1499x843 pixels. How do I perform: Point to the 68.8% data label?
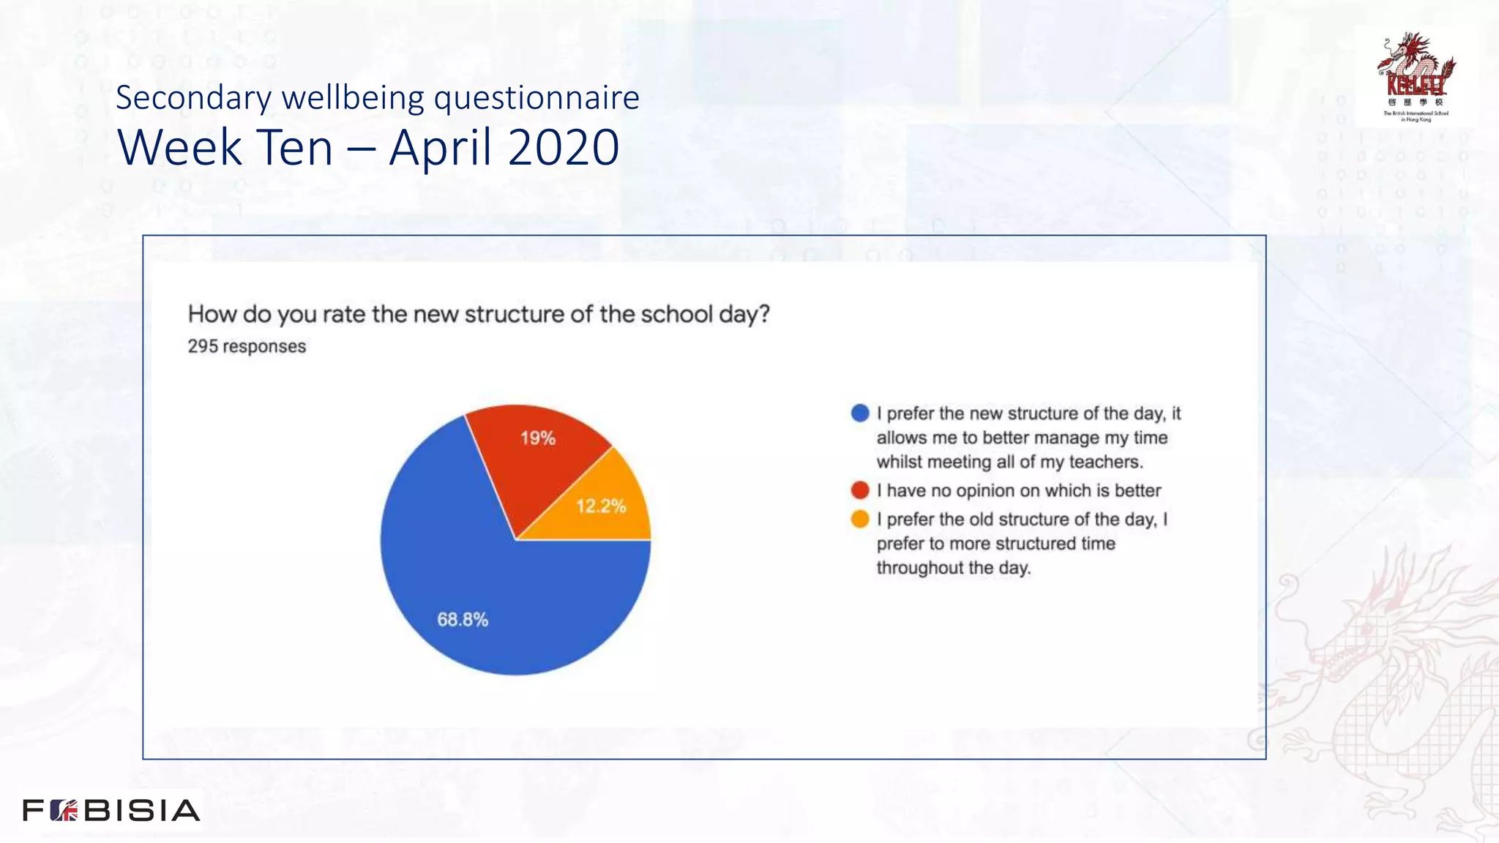point(463,620)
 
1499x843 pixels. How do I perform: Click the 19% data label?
point(538,438)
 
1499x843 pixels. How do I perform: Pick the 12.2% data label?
point(601,506)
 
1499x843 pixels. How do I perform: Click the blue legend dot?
point(860,413)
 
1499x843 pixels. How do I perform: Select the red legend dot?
point(860,490)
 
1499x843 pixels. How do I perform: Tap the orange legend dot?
point(860,520)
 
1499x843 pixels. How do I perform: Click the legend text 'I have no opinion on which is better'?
point(1019,490)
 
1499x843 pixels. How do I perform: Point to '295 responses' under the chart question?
point(247,346)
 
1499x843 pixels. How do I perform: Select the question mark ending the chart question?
point(764,315)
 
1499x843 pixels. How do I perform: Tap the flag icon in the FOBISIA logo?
point(64,810)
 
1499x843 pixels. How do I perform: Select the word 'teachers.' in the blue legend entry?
point(1106,462)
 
